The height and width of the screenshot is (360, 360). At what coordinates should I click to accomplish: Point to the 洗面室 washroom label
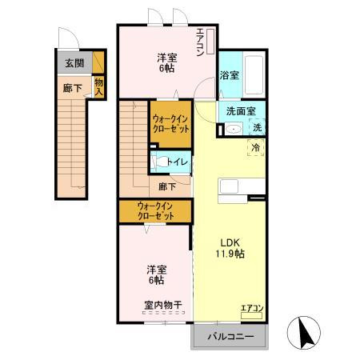(241, 111)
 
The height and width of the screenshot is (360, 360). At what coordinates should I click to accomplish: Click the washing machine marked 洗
(257, 127)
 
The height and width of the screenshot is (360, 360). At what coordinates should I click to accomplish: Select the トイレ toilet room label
(178, 162)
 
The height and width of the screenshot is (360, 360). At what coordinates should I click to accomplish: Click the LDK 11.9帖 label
(229, 248)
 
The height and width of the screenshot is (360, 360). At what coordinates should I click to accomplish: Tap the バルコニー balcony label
(231, 336)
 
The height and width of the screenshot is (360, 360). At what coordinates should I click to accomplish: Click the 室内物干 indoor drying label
(163, 305)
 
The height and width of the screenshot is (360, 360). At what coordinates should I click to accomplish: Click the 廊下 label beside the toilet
(167, 186)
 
